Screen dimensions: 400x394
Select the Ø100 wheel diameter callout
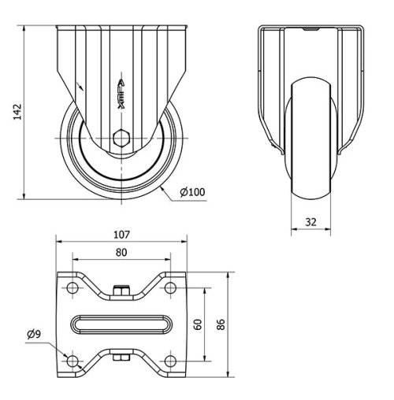(192, 192)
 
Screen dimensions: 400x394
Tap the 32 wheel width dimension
(310, 223)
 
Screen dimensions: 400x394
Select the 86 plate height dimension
(221, 324)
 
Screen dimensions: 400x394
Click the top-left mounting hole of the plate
(73, 288)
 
